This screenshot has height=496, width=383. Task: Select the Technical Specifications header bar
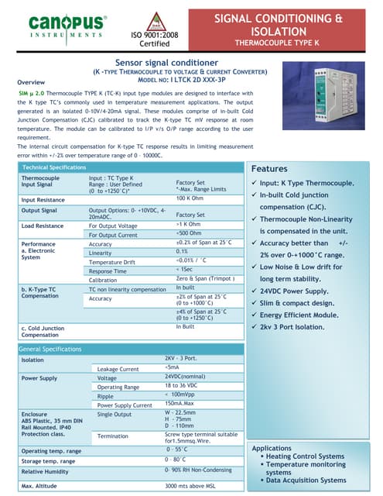click(54, 167)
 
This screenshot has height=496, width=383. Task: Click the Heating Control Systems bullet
click(306, 456)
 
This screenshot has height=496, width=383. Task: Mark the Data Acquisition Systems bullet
click(306, 480)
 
